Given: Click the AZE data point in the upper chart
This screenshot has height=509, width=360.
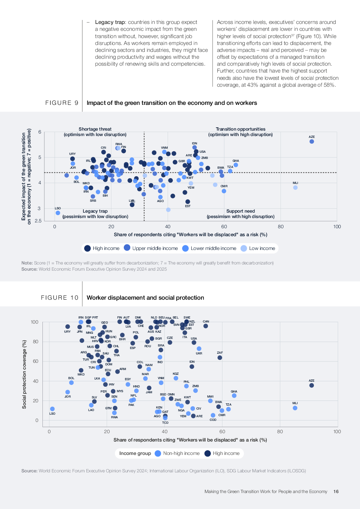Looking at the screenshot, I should (312, 141).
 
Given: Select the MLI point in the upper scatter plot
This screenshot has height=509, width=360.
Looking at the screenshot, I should (295, 188).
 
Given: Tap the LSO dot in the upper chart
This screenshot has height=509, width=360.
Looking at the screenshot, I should (58, 213).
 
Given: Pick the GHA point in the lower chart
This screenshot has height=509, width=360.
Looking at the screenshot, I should (234, 396).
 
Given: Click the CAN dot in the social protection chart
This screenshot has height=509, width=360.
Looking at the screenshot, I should (206, 326).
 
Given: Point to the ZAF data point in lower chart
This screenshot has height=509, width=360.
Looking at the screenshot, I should (220, 358).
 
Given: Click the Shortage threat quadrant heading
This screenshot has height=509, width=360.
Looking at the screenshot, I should (95, 129).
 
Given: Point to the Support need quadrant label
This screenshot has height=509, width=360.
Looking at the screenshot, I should (241, 211).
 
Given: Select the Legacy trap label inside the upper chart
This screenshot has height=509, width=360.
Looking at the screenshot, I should (95, 211).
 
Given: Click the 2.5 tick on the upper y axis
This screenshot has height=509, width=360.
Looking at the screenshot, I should (38, 221).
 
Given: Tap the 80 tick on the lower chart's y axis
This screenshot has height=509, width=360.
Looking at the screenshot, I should (36, 342).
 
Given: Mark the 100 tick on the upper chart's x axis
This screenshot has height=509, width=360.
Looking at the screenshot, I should (337, 227).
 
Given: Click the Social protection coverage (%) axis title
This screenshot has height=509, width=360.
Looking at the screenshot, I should (24, 374).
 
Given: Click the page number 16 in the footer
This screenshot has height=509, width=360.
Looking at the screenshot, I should (336, 492).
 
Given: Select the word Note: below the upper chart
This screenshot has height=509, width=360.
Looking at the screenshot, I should (27, 263).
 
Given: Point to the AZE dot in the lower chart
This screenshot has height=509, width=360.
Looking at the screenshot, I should (312, 385).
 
